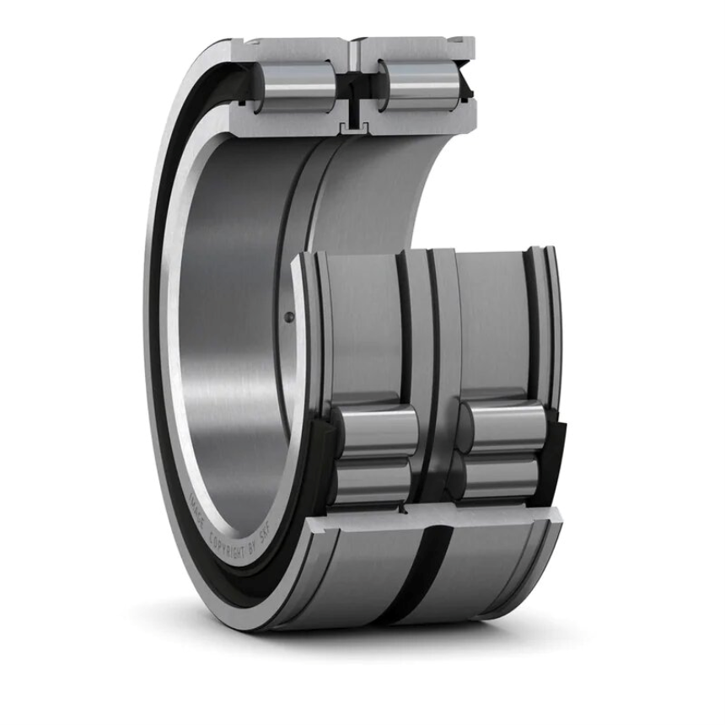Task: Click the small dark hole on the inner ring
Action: click(x=289, y=317)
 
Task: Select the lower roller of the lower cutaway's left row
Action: click(x=371, y=481)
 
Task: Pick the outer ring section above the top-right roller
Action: click(x=413, y=46)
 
